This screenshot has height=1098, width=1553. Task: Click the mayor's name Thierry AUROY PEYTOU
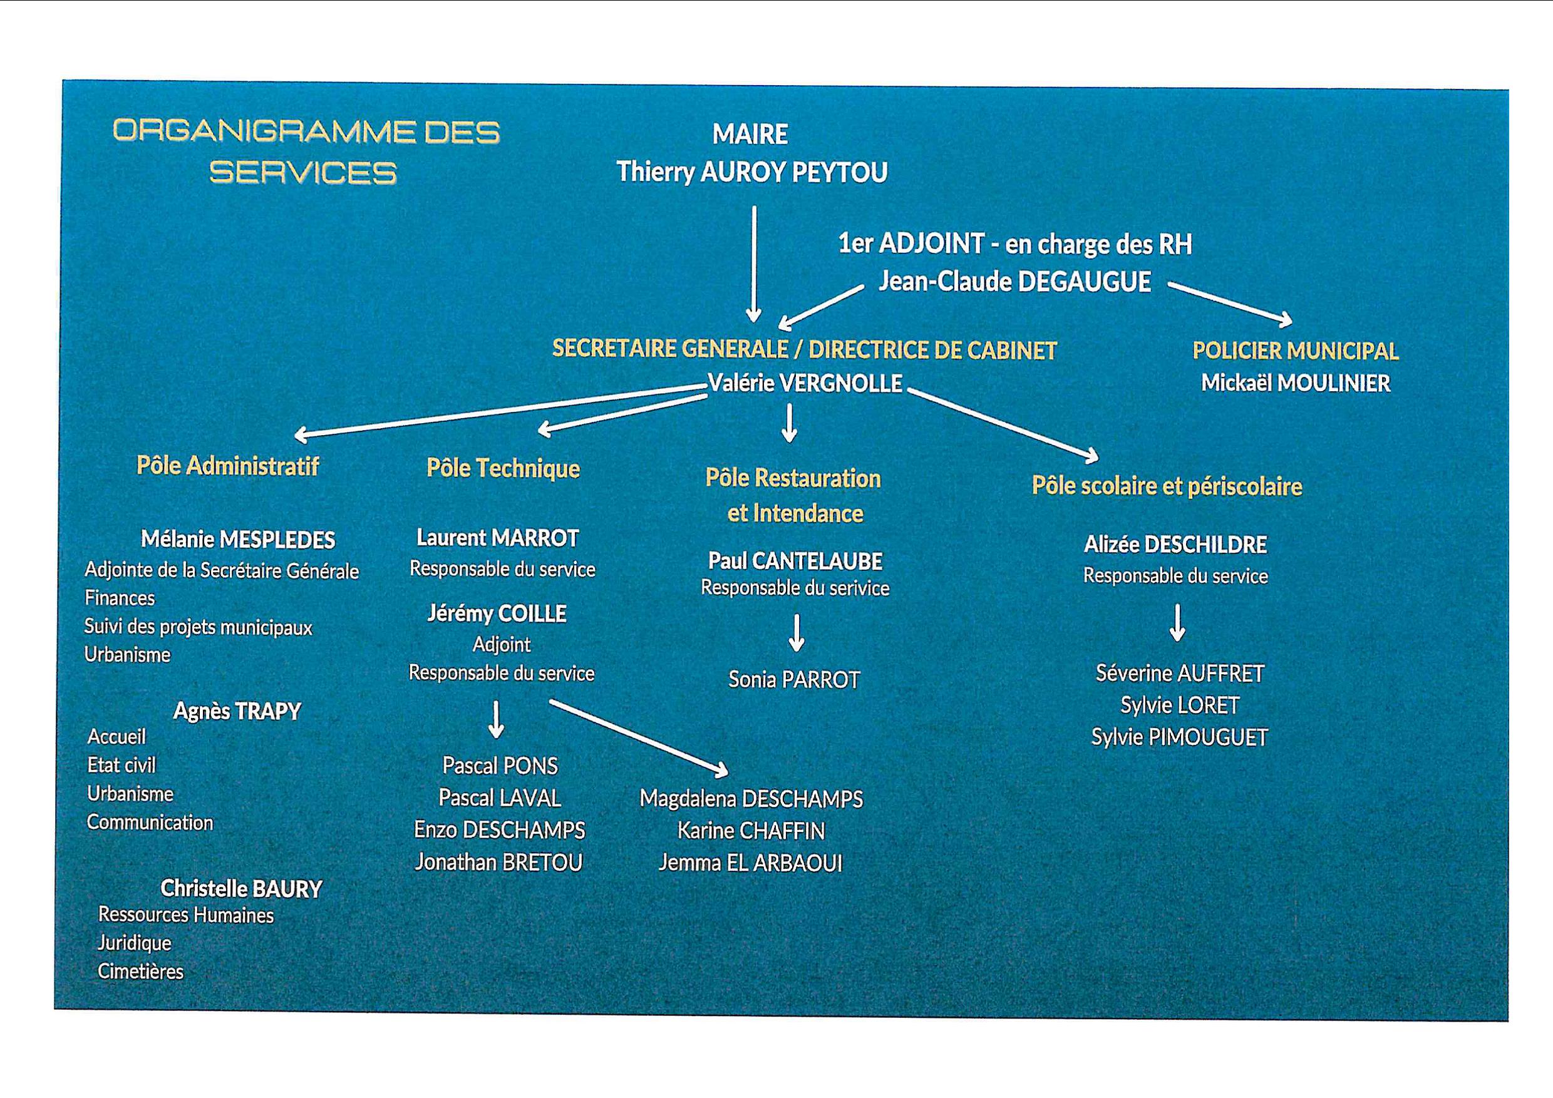click(751, 172)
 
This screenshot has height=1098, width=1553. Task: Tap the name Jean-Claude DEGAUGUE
click(1014, 282)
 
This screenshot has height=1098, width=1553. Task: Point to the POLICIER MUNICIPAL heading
click(1295, 351)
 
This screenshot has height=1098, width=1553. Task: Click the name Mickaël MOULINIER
click(1295, 383)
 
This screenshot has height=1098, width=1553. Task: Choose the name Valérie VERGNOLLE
click(805, 383)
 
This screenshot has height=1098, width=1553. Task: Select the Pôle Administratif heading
click(227, 466)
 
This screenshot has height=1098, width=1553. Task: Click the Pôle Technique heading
click(503, 468)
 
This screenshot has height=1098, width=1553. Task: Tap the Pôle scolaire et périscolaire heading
click(1167, 486)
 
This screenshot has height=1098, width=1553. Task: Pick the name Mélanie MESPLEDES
click(237, 540)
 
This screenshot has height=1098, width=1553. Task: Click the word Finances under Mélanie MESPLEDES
click(120, 598)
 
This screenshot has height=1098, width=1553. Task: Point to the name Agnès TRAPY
click(237, 711)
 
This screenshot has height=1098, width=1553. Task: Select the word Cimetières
click(141, 972)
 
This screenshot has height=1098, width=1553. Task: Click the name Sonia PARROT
click(794, 679)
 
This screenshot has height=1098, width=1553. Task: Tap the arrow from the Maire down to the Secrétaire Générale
click(753, 264)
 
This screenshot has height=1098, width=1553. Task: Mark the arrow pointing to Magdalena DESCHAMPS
click(639, 737)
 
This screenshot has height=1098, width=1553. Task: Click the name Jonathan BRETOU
click(498, 862)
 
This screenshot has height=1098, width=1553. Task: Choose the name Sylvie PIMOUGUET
click(1180, 737)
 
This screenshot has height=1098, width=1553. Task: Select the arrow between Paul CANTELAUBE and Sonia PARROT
click(797, 633)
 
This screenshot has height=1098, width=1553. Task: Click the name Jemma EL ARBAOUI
click(751, 863)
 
